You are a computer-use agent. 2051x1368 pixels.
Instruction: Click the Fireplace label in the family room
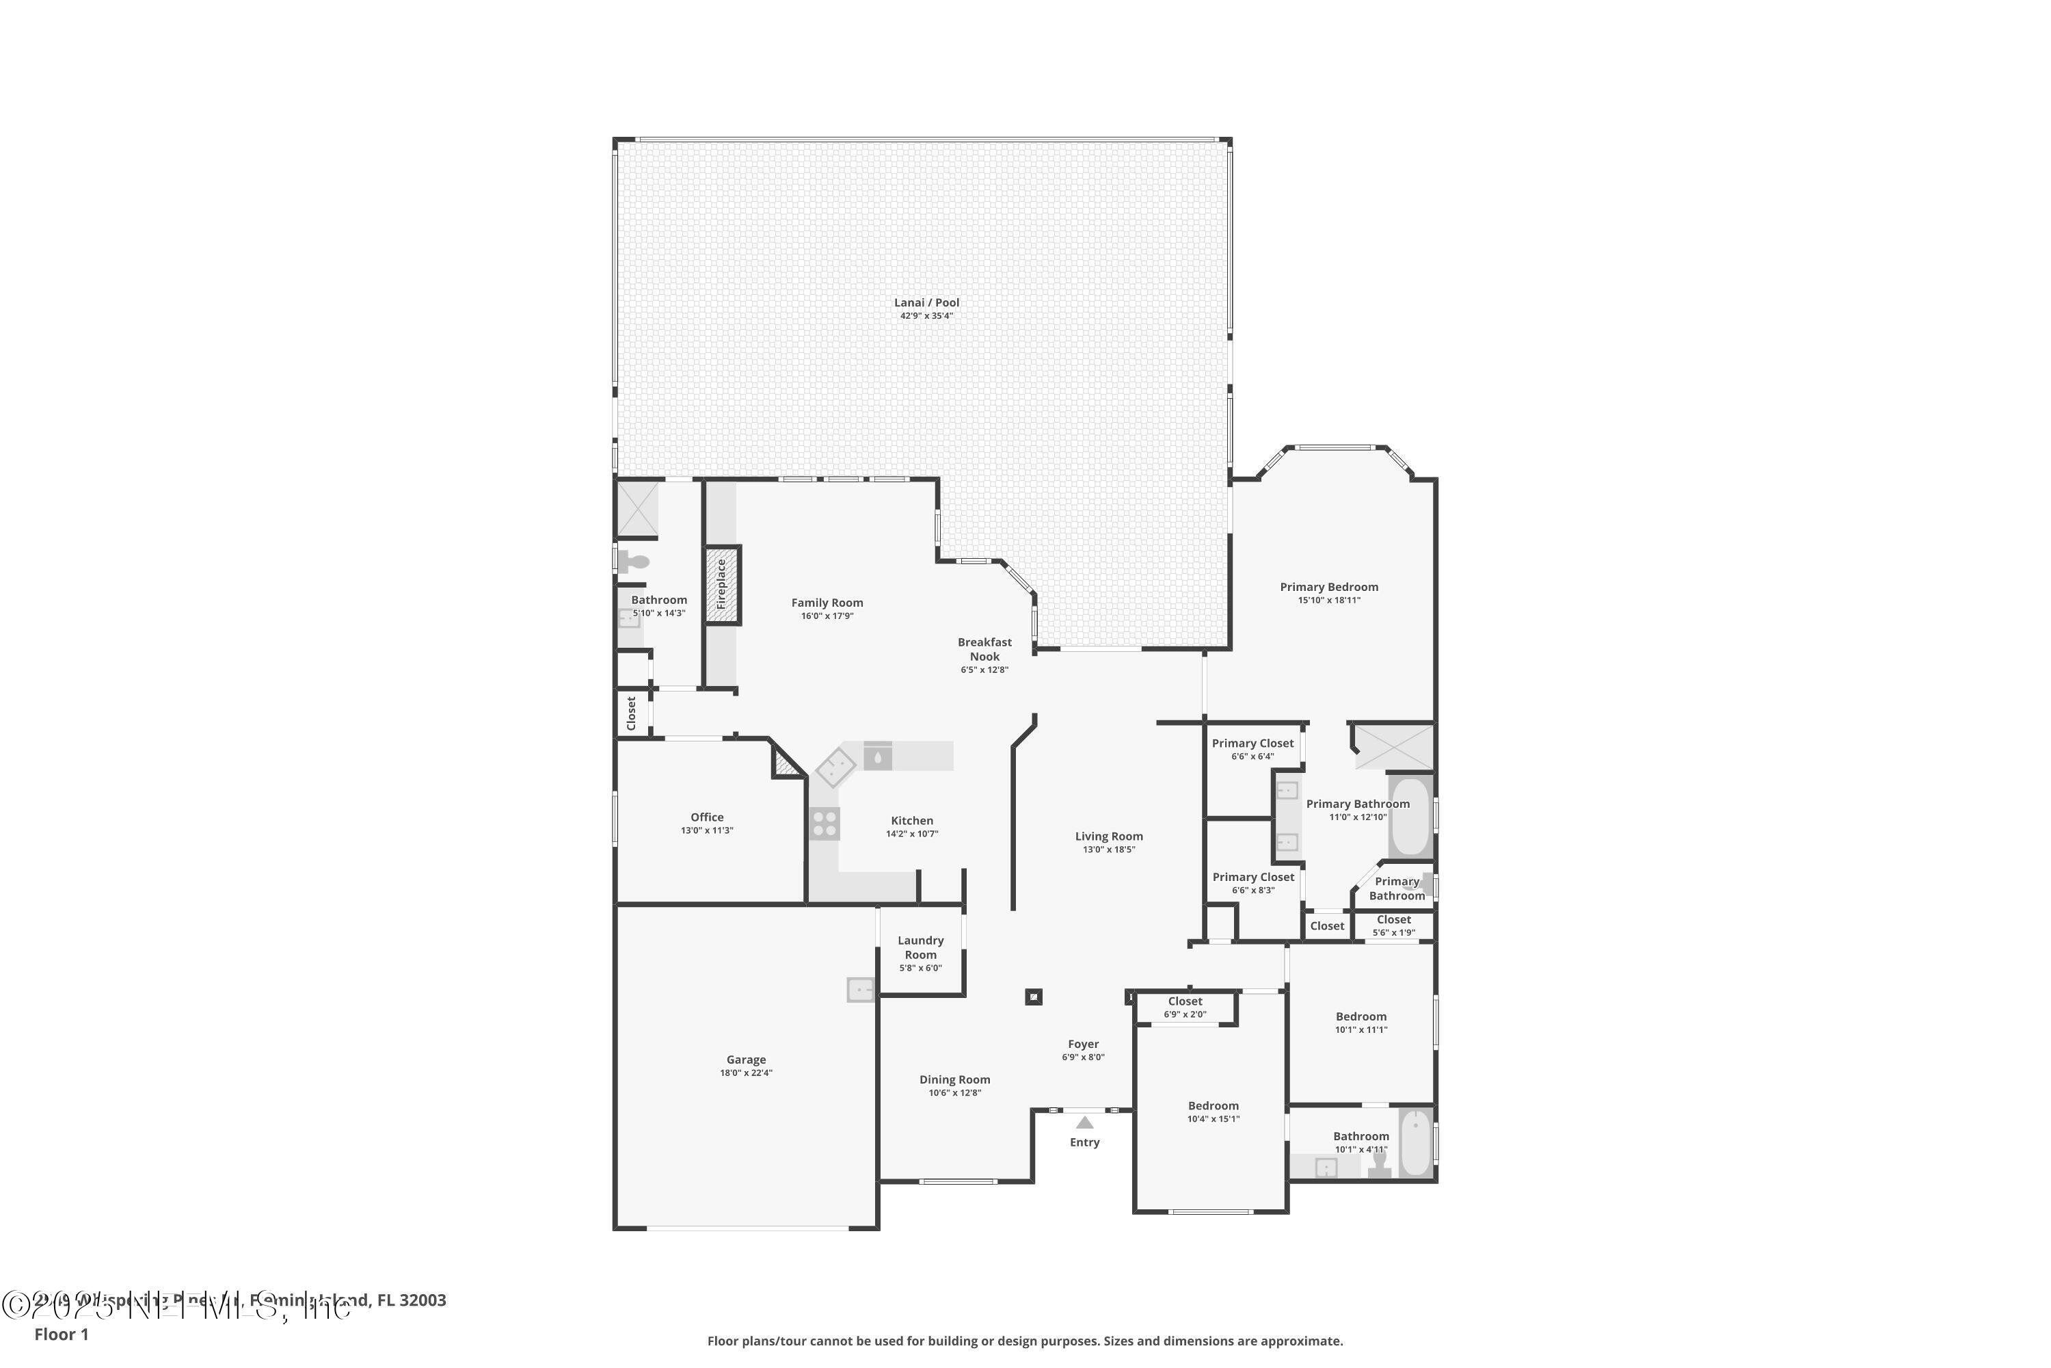(x=721, y=585)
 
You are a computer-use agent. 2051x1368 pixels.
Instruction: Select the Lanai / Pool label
(x=926, y=303)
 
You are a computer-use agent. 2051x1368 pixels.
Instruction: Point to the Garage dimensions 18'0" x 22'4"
(x=746, y=1073)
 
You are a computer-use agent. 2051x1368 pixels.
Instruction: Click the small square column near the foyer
(x=1033, y=997)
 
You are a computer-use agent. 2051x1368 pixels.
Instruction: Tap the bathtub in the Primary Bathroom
(x=1409, y=817)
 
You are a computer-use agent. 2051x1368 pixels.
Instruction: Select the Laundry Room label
(x=920, y=947)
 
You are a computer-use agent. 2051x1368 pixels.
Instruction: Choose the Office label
(x=706, y=817)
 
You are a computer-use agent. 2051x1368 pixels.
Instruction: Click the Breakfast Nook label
(x=984, y=649)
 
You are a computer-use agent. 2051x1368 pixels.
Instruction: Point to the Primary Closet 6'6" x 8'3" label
(x=1253, y=878)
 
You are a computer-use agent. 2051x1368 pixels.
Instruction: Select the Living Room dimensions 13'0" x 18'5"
(x=1108, y=850)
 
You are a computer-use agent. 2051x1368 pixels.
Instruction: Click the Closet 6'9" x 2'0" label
(x=1184, y=1001)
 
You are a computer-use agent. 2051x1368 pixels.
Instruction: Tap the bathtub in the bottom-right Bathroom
(x=1415, y=1142)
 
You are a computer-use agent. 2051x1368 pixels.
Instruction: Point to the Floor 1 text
(x=61, y=1334)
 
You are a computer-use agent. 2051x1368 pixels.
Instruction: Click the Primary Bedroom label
(x=1328, y=587)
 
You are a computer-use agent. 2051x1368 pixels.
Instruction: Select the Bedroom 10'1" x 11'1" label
(x=1360, y=1016)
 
